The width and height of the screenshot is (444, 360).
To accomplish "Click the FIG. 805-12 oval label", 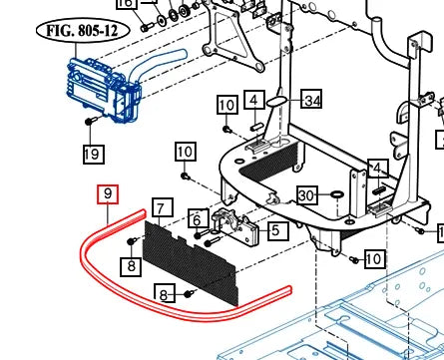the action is pyautogui.click(x=83, y=31).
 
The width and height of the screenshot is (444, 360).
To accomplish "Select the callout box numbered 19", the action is pyautogui.click(x=93, y=154).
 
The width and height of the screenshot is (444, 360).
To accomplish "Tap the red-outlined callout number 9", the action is pyautogui.click(x=108, y=194).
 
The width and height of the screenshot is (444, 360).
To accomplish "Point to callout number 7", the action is pyautogui.click(x=163, y=208).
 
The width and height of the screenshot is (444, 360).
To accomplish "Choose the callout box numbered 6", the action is pyautogui.click(x=199, y=218).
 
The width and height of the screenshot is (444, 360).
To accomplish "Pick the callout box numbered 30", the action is pyautogui.click(x=307, y=195).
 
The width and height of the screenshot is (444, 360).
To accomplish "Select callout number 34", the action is pyautogui.click(x=311, y=99).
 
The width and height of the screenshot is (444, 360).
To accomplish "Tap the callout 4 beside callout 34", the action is pyautogui.click(x=254, y=99).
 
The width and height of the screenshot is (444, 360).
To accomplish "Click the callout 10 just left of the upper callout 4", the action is pyautogui.click(x=227, y=105).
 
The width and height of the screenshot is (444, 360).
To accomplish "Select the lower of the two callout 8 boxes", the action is pyautogui.click(x=165, y=293).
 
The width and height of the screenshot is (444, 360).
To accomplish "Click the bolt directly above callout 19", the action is pyautogui.click(x=90, y=121).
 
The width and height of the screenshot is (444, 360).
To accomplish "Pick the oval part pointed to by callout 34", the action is pyautogui.click(x=276, y=101).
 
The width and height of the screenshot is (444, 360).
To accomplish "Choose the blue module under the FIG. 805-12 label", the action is pyautogui.click(x=104, y=90).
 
